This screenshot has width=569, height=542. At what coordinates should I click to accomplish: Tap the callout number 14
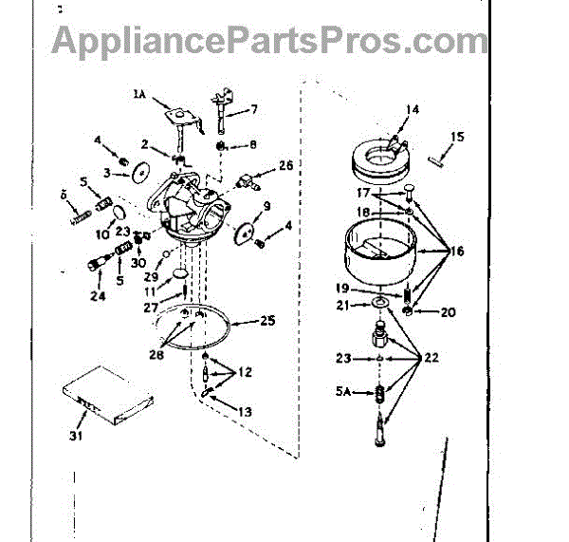[x=412, y=110]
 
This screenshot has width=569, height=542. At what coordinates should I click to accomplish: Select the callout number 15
[x=457, y=138]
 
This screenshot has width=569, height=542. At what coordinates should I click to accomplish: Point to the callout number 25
[x=268, y=321]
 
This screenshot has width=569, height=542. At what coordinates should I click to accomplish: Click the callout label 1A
[x=139, y=93]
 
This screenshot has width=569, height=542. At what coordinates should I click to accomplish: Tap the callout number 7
[x=253, y=110]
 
